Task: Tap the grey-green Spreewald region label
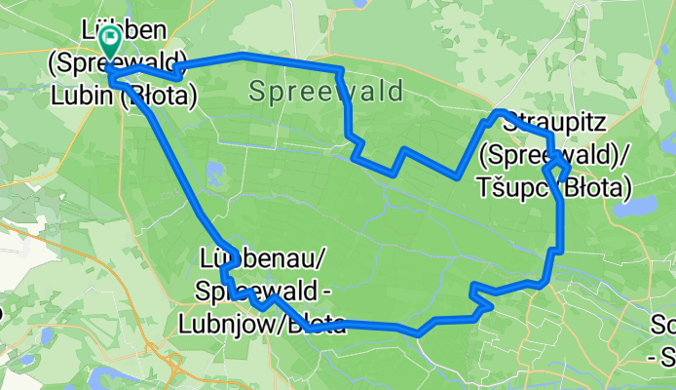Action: click(325, 93)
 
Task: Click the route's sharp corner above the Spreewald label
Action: click(340, 70)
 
